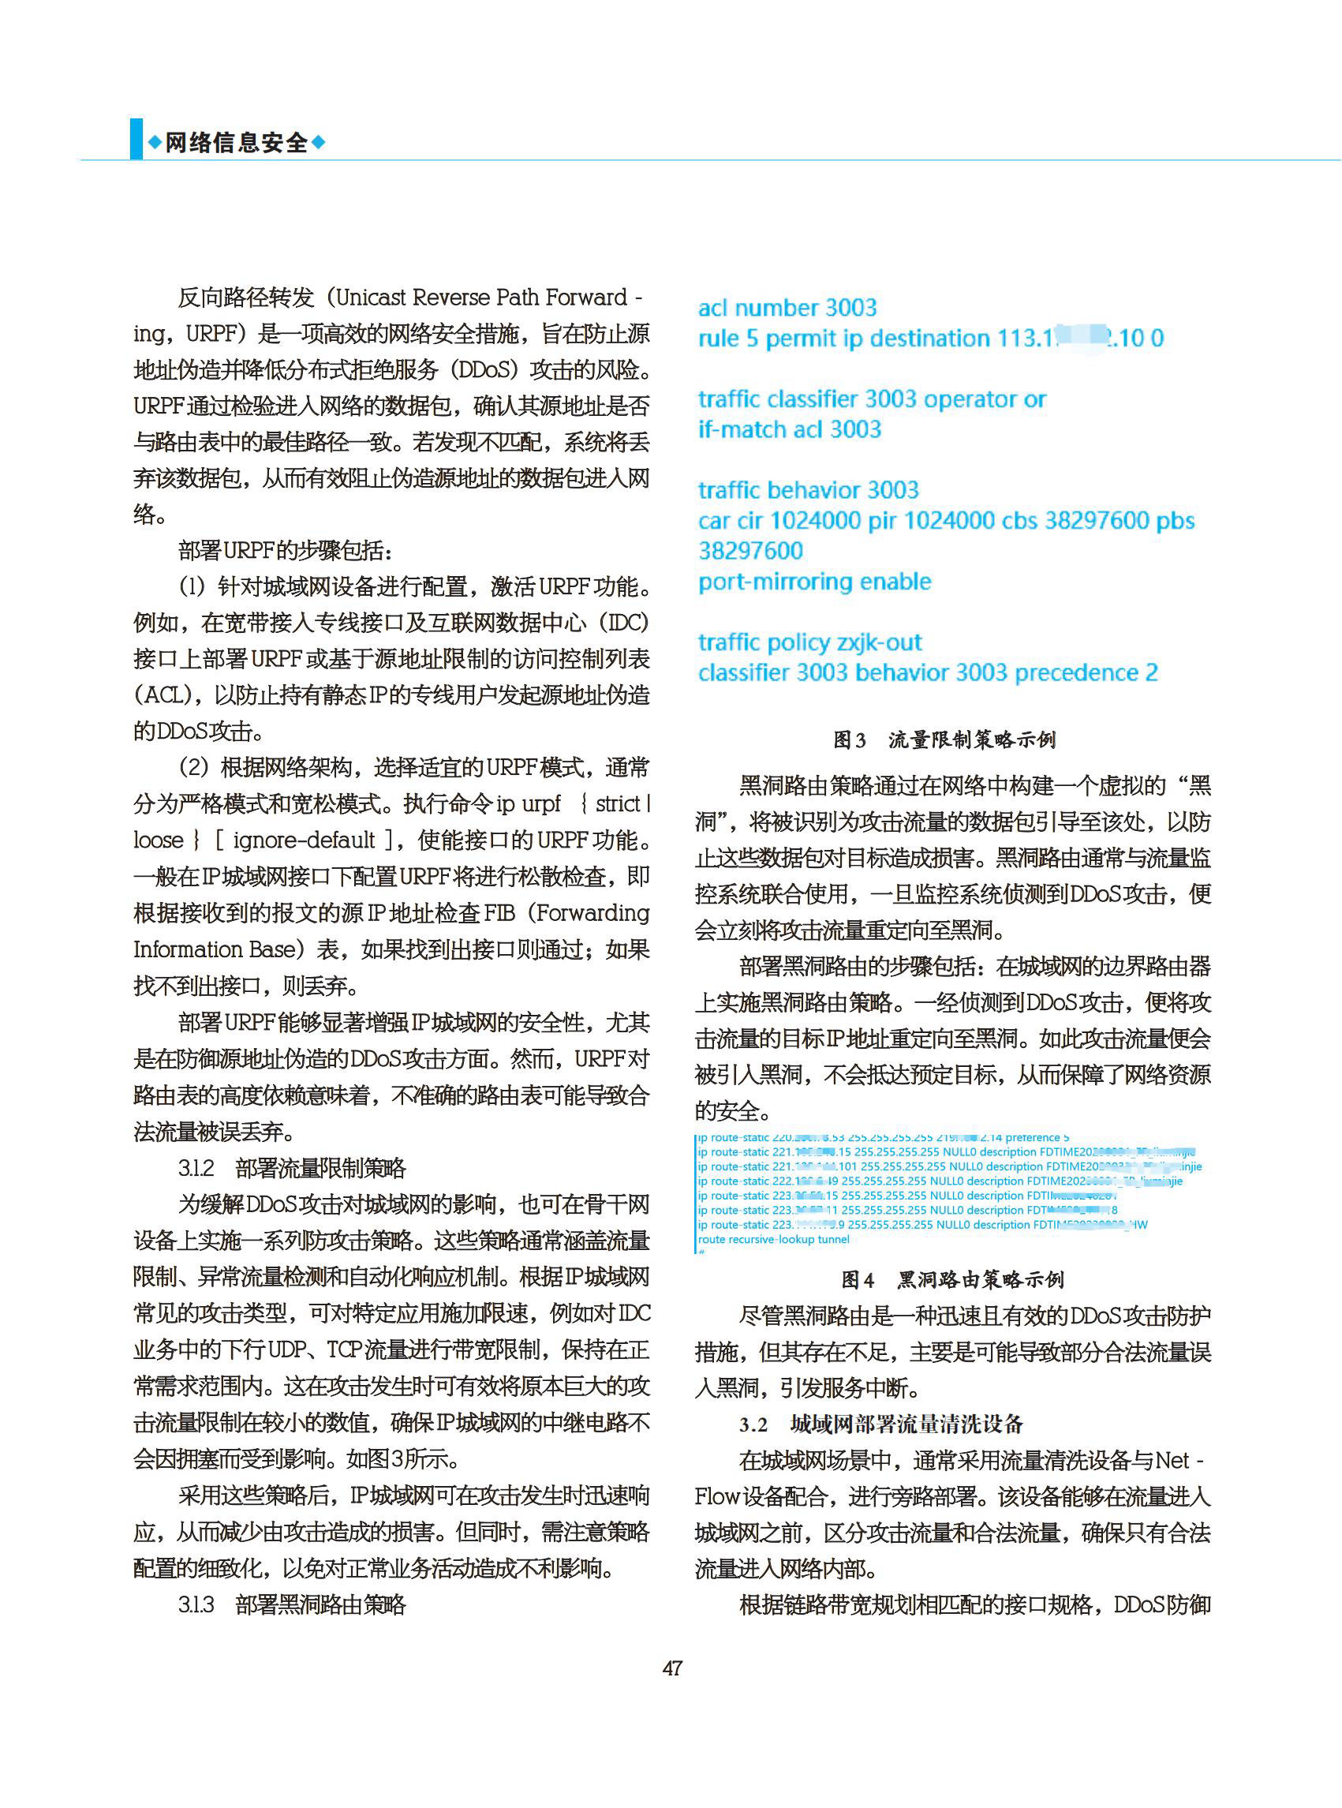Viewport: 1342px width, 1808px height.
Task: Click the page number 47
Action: pos(672,1668)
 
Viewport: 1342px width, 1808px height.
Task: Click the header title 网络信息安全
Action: pos(237,143)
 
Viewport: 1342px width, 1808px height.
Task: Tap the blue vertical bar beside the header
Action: pos(136,139)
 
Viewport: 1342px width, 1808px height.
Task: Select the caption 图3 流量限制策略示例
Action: pos(944,739)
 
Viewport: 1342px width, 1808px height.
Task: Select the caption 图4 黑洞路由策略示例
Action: pos(952,1280)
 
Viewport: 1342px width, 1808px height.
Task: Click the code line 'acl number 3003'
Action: pos(787,308)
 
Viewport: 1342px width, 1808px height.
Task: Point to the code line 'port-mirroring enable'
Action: pos(815,582)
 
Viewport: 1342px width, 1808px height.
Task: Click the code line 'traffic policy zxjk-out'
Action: pos(810,642)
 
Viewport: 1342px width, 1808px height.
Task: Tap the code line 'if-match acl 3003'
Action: pos(790,429)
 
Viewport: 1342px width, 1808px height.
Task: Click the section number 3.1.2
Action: pos(196,1169)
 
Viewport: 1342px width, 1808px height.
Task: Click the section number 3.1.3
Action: pos(196,1605)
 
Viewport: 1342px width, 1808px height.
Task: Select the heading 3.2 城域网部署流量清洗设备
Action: pos(881,1424)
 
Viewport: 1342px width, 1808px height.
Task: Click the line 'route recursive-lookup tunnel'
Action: pos(773,1239)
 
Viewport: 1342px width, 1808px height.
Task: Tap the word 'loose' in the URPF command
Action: pos(159,840)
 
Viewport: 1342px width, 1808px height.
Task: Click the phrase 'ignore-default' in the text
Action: pos(304,840)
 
